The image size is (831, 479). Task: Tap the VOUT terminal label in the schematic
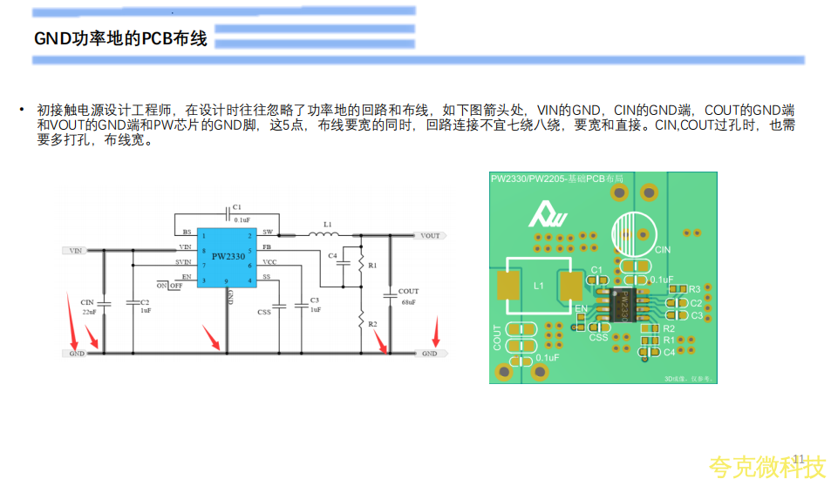pyautogui.click(x=430, y=236)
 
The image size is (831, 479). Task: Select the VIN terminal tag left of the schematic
pyautogui.click(x=76, y=251)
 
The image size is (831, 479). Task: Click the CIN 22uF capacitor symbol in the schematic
pyautogui.click(x=104, y=305)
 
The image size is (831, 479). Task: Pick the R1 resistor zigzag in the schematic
pyautogui.click(x=361, y=266)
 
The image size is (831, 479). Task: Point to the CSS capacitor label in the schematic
pyautogui.click(x=264, y=312)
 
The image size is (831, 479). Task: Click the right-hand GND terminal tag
pyautogui.click(x=430, y=354)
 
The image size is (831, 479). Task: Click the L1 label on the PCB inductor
pyautogui.click(x=538, y=286)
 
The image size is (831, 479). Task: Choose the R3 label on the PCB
pyautogui.click(x=695, y=289)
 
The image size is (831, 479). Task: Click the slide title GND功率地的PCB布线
pyautogui.click(x=120, y=39)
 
